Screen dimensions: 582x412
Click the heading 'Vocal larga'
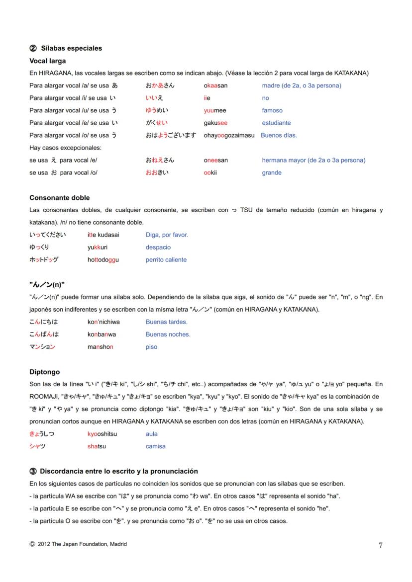pos(48,61)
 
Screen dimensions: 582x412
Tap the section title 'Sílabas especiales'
pos(71,48)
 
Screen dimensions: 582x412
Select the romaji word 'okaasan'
pos(215,85)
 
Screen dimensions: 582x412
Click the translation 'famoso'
pos(272,110)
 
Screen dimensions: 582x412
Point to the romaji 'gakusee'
pos(215,123)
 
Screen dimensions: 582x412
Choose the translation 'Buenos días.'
pos(279,135)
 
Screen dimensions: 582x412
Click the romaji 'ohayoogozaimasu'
pos(229,135)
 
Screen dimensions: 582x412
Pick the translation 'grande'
pos(272,173)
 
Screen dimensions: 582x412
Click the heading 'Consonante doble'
pos(60,198)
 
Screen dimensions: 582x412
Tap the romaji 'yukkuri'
pos(98,248)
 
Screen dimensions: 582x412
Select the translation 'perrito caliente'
pos(166,260)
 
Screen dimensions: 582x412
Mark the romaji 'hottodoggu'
pos(103,260)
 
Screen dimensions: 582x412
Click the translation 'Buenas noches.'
pos(168,334)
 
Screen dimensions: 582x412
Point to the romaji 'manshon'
pos(100,347)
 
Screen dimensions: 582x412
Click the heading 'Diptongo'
pos(45,372)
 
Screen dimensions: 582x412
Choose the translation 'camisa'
pos(155,446)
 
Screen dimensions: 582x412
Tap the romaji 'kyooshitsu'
pos(102,434)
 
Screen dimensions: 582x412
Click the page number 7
pos(381,545)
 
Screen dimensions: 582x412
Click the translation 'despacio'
pos(158,248)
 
